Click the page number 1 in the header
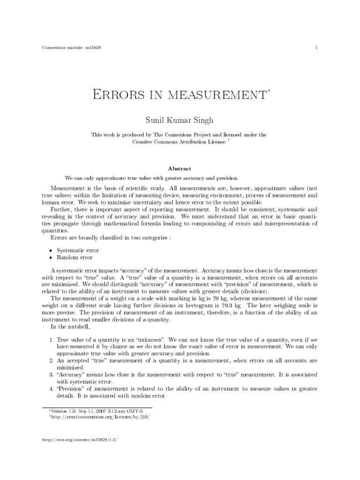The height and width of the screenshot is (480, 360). (x=317, y=48)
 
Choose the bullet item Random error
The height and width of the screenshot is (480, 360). (x=75, y=257)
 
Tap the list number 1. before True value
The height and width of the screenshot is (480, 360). (x=52, y=338)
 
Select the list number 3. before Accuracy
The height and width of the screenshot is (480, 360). (x=52, y=375)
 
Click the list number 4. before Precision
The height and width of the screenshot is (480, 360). (x=52, y=389)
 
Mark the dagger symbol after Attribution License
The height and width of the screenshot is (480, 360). (x=228, y=140)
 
